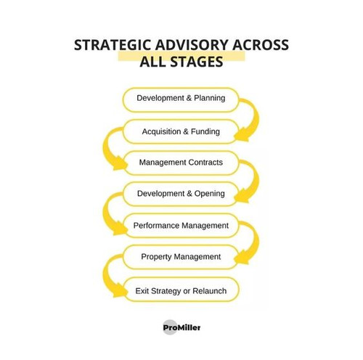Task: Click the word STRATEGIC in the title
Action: tap(113, 45)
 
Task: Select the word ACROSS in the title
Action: tap(261, 45)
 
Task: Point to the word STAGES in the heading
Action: tap(197, 62)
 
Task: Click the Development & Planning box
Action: tap(181, 100)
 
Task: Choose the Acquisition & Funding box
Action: tap(181, 131)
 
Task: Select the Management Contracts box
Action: tap(181, 163)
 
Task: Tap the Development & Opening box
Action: tap(181, 194)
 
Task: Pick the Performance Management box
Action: tap(181, 226)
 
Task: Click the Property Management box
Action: tap(181, 257)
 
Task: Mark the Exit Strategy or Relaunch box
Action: tap(181, 290)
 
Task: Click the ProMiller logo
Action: tap(181, 327)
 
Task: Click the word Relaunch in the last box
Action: tap(210, 291)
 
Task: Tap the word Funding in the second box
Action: tap(205, 131)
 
